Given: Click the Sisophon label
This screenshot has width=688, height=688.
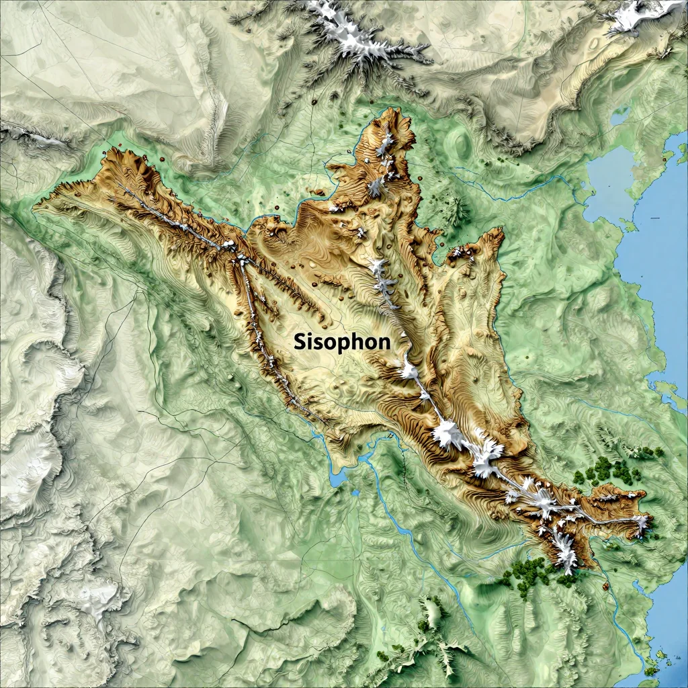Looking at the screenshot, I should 342,341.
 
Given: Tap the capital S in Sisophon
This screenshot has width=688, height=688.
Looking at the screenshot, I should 300,341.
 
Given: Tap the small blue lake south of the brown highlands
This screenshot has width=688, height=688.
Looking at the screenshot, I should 338,478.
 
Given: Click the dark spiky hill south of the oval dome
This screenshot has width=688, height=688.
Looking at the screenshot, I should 459,212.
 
